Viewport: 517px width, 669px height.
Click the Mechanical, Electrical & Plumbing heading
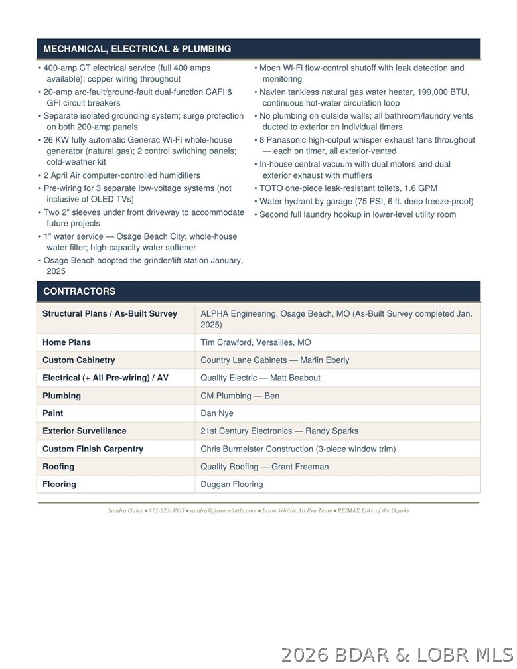pyautogui.click(x=137, y=49)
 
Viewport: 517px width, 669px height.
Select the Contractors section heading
pyautogui.click(x=80, y=291)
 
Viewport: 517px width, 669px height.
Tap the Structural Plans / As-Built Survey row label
pyautogui.click(x=110, y=313)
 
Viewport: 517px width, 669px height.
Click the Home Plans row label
pyautogui.click(x=67, y=342)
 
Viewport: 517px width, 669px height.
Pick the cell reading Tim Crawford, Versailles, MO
pyautogui.click(x=256, y=342)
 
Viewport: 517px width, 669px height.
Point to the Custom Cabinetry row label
pyautogui.click(x=79, y=360)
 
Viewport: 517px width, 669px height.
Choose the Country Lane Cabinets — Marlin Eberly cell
pyautogui.click(x=275, y=360)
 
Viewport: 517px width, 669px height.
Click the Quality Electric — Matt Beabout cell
pyautogui.click(x=260, y=378)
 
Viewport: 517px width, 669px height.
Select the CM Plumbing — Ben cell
pyautogui.click(x=240, y=396)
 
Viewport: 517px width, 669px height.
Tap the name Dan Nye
pyautogui.click(x=217, y=413)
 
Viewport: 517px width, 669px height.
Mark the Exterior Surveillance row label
pyautogui.click(x=84, y=431)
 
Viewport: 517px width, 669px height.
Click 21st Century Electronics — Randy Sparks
pyautogui.click(x=279, y=431)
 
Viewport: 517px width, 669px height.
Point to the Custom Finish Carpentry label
pyautogui.click(x=93, y=449)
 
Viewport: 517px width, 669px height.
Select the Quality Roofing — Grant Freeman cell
pyautogui.click(x=264, y=467)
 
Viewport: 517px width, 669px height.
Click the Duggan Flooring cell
pyautogui.click(x=232, y=484)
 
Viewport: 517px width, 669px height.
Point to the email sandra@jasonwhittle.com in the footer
pyautogui.click(x=223, y=511)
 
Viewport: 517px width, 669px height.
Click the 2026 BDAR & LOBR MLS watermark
pyautogui.click(x=396, y=654)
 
